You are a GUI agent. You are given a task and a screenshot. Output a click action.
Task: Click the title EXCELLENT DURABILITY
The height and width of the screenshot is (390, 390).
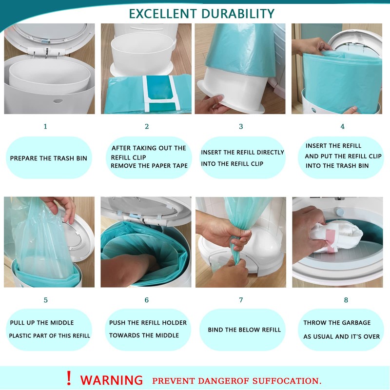coord(201,14)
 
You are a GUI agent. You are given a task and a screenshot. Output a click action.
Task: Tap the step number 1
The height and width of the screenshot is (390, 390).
coord(45,126)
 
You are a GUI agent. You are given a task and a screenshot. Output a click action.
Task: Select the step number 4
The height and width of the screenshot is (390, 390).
coord(342,126)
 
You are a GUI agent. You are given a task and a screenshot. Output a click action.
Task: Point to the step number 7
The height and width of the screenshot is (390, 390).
coord(241,300)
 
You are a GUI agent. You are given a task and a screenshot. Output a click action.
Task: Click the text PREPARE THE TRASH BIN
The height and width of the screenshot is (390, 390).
coord(49,158)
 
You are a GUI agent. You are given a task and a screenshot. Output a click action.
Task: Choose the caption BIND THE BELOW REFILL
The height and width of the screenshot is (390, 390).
coord(244,330)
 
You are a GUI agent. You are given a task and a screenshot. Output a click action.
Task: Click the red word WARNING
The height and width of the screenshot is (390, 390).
coord(112,380)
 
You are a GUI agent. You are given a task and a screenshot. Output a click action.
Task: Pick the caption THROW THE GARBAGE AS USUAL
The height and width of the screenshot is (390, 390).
coord(341,330)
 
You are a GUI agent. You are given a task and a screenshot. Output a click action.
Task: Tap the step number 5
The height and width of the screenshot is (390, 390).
coord(45,300)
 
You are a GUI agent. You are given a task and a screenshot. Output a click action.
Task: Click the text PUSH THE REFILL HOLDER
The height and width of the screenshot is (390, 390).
coord(148,323)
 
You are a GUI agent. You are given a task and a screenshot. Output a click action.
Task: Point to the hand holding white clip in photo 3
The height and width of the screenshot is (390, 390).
coord(211,103)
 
